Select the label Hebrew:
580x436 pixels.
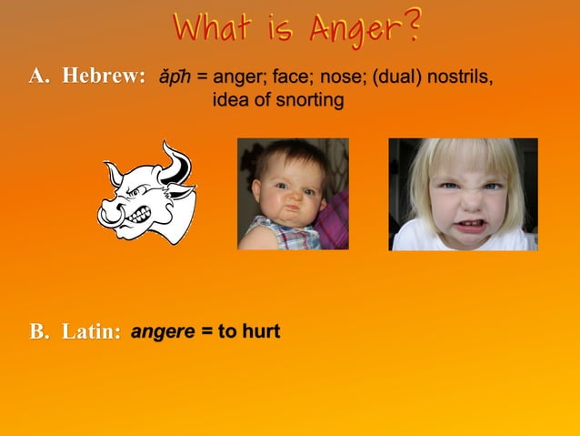(104, 77)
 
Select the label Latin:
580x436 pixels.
(92, 332)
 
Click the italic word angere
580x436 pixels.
(163, 331)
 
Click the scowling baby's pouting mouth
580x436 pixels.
(289, 213)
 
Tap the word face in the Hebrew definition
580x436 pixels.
(291, 77)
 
